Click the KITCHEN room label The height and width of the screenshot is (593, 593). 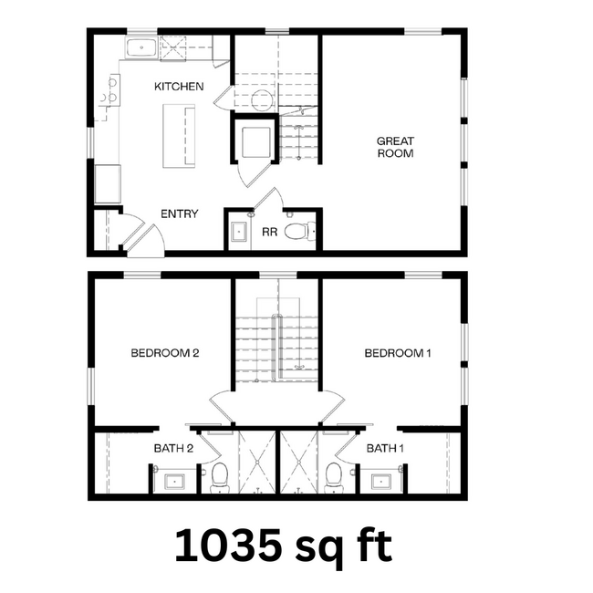tap(179, 87)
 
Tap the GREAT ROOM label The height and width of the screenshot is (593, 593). tap(396, 147)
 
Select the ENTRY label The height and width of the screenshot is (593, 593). tap(180, 213)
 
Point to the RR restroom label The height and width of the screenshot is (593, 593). tap(269, 233)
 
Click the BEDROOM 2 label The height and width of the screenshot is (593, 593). tap(165, 353)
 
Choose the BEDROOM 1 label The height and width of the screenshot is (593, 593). tap(397, 353)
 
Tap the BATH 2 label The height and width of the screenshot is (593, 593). tap(173, 448)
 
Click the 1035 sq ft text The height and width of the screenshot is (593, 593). tap(284, 546)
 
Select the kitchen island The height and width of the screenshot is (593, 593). tap(179, 136)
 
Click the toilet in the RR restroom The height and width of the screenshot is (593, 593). tap(296, 232)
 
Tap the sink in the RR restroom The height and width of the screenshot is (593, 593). tap(239, 232)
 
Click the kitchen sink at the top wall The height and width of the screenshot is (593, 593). tap(141, 48)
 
